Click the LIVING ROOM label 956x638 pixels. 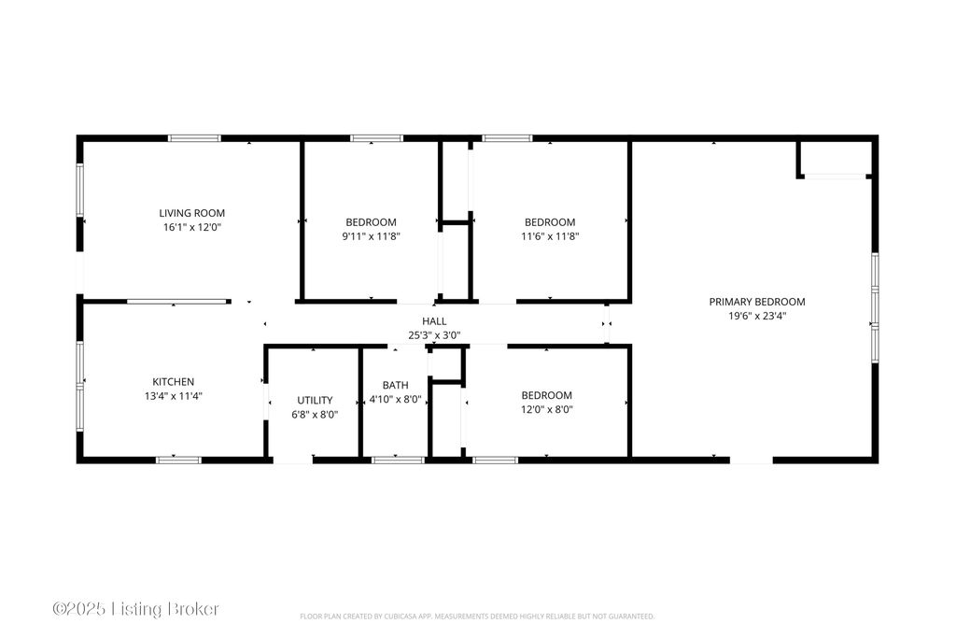[x=192, y=213]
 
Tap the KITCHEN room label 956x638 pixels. [x=173, y=382]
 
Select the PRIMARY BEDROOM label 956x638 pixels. [x=757, y=302]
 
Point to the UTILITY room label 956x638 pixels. [x=315, y=400]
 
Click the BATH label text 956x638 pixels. [x=396, y=385]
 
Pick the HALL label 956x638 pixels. [x=434, y=320]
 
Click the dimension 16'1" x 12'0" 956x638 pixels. [x=192, y=228]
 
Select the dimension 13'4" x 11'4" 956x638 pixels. [x=173, y=396]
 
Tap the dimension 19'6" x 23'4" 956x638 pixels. [x=757, y=316]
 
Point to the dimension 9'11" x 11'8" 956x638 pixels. [x=372, y=236]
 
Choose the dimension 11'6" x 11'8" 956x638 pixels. [x=550, y=236]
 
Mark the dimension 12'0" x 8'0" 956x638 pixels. [x=547, y=410]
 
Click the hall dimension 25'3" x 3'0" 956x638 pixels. [x=434, y=335]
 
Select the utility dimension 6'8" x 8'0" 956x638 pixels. [x=315, y=415]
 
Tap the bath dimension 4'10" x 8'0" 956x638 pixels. [x=396, y=400]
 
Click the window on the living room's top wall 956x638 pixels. [x=194, y=138]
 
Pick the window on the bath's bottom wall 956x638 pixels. [x=399, y=460]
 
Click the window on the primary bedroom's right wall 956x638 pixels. [x=875, y=308]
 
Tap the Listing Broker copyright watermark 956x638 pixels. [x=135, y=609]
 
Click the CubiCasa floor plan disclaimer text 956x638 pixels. [x=477, y=617]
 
